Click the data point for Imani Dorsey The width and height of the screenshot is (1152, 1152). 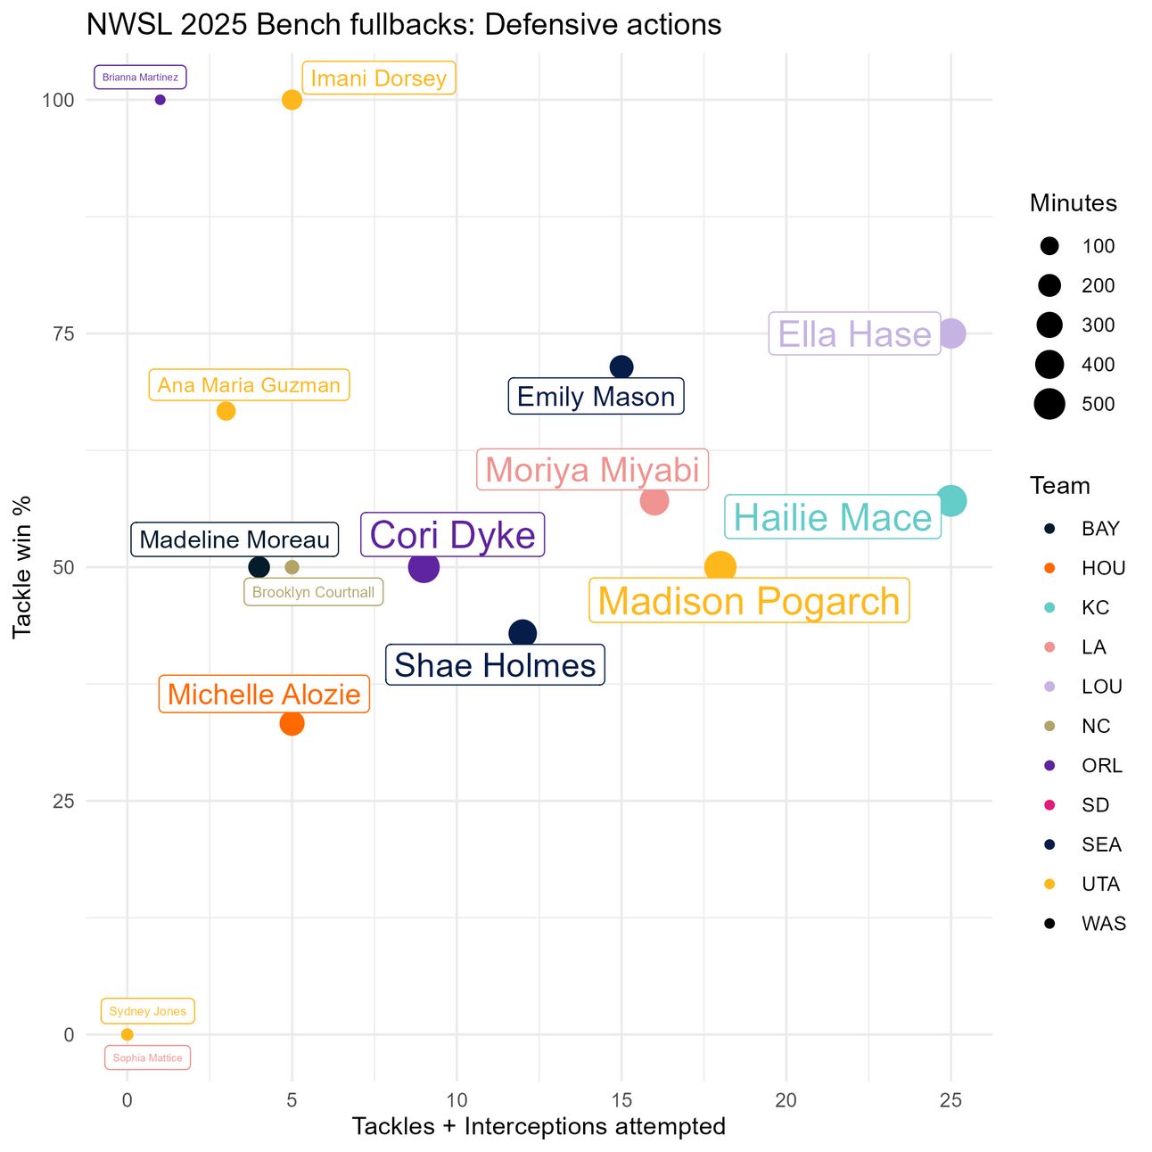pyautogui.click(x=292, y=100)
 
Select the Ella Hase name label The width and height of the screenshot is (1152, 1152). pyautogui.click(x=854, y=334)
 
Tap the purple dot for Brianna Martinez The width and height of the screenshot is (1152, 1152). pyautogui.click(x=160, y=100)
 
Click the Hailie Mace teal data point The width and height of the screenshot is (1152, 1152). pyautogui.click(x=951, y=501)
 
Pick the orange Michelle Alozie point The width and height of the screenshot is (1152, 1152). pyautogui.click(x=292, y=723)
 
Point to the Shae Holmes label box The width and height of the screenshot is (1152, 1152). pyautogui.click(x=495, y=665)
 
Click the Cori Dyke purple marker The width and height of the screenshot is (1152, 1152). pyautogui.click(x=424, y=567)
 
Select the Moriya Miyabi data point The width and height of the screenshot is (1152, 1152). pyautogui.click(x=654, y=501)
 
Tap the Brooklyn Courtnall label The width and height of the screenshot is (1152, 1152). pyautogui.click(x=313, y=592)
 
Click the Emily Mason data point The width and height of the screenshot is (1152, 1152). pyautogui.click(x=621, y=367)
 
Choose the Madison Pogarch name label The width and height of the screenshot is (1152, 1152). pyautogui.click(x=749, y=601)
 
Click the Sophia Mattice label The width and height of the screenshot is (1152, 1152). pyautogui.click(x=147, y=1057)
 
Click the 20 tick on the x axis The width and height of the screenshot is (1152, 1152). pyautogui.click(x=786, y=1100)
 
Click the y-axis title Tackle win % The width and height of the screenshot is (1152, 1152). pyautogui.click(x=22, y=567)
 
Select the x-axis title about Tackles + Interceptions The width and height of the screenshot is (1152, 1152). pyautogui.click(x=539, y=1126)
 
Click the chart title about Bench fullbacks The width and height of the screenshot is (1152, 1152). pyautogui.click(x=404, y=25)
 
